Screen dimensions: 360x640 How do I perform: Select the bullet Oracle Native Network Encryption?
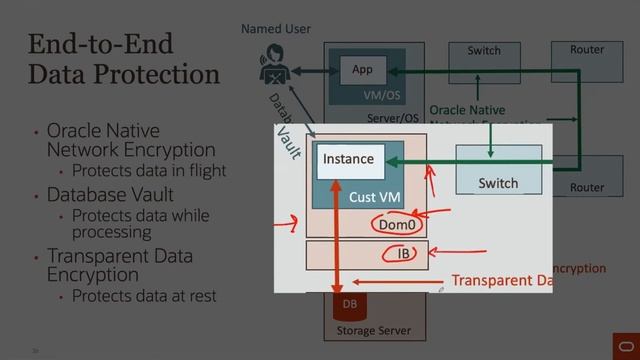[103, 141]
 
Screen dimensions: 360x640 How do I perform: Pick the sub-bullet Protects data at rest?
[143, 296]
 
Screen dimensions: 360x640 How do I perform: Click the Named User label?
[276, 31]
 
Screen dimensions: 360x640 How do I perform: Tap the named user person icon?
[274, 69]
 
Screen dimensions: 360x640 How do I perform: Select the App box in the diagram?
[362, 69]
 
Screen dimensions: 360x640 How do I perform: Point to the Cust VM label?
[374, 198]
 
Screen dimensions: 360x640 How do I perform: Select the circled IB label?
[403, 253]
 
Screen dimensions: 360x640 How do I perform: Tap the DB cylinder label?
[350, 303]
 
